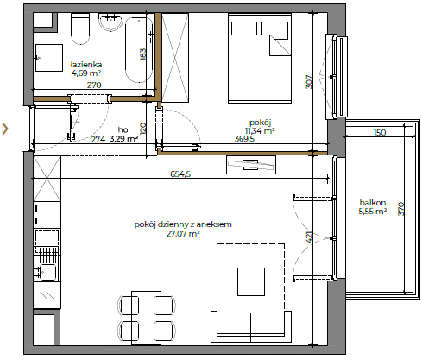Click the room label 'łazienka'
click(x=87, y=64)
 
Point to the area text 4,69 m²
click(x=87, y=74)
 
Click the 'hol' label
click(x=124, y=129)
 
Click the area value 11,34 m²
click(x=258, y=131)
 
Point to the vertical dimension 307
click(x=308, y=82)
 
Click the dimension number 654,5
click(x=180, y=174)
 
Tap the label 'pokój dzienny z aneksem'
click(x=171, y=224)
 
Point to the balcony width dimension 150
click(x=379, y=133)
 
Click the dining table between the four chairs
click(x=143, y=317)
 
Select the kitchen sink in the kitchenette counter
click(x=46, y=274)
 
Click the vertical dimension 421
click(x=308, y=238)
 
